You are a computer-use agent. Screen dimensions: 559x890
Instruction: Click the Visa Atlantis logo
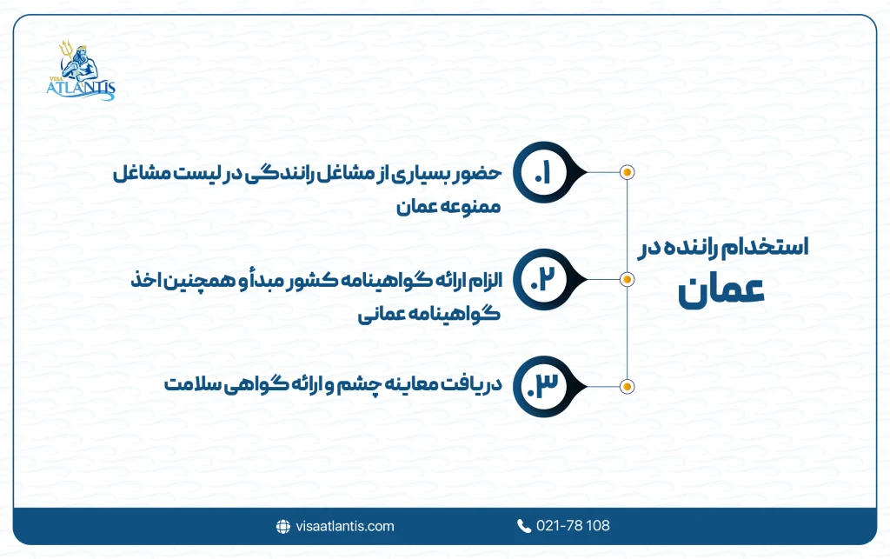(x=81, y=70)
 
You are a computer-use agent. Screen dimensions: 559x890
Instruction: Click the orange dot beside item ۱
(x=627, y=172)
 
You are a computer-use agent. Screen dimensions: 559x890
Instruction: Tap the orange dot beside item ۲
(x=627, y=279)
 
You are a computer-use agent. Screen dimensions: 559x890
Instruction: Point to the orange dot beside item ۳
(x=627, y=385)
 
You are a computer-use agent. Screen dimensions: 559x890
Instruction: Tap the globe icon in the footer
(x=282, y=526)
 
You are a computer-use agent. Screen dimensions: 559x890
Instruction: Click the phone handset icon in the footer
(x=523, y=526)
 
